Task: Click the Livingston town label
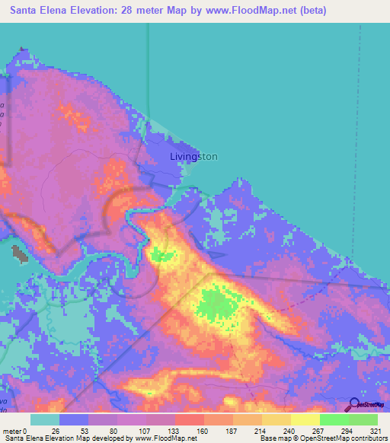[193, 157]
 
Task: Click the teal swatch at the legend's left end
[45, 419]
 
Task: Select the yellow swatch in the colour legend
[305, 419]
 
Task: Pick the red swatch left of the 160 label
[189, 419]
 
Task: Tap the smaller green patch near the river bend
[161, 254]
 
